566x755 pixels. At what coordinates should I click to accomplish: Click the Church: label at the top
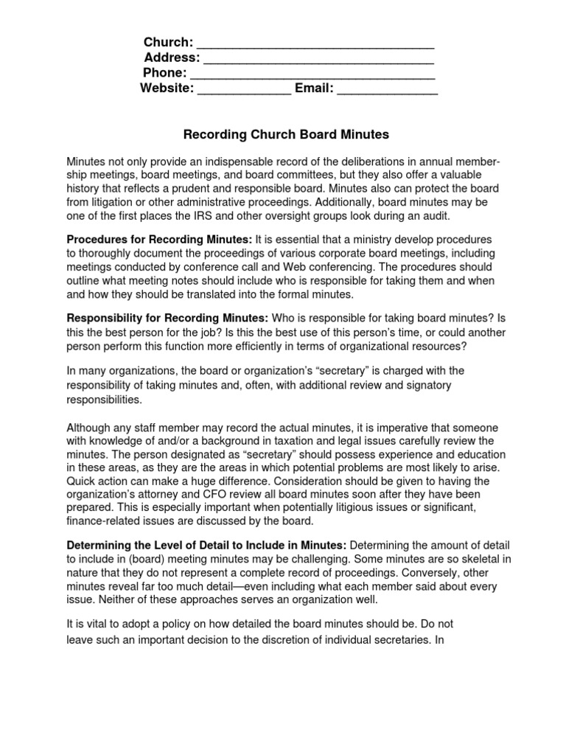click(x=168, y=41)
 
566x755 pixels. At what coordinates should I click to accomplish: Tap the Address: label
click(x=171, y=58)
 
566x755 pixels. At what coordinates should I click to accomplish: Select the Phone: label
click(x=164, y=73)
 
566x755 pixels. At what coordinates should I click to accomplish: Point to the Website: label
click(x=167, y=89)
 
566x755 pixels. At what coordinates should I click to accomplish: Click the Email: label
click(x=315, y=89)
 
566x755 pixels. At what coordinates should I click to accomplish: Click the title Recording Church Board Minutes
click(x=284, y=135)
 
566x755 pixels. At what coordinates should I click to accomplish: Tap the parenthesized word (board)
click(x=140, y=558)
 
